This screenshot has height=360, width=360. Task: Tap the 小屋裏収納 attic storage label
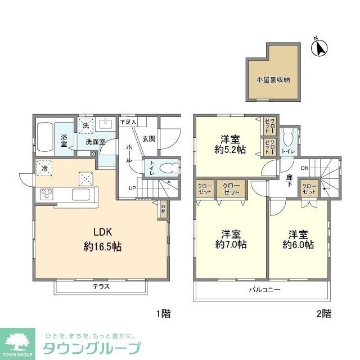(273, 79)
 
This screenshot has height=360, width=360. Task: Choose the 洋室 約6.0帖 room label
(298, 239)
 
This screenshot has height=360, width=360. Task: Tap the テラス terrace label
(101, 286)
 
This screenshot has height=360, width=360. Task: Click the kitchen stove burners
(46, 195)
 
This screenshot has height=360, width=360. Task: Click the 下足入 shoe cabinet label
(128, 121)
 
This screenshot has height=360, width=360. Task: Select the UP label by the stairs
(132, 188)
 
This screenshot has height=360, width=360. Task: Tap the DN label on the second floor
(304, 168)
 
